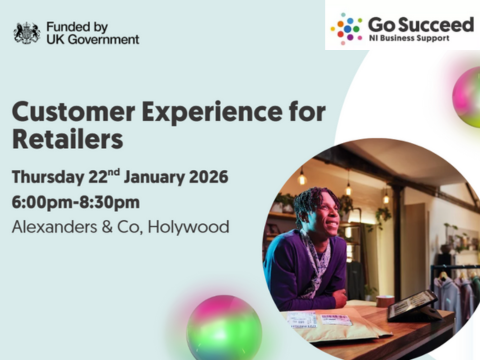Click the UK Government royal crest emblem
pos(26,32)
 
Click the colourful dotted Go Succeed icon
pos(346,29)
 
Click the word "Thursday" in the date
pos(53,178)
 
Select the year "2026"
pos(204,178)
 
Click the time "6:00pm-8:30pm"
pos(75,202)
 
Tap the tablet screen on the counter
pos(410,304)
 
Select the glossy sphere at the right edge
pos(467,97)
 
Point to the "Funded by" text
pos(77,25)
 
